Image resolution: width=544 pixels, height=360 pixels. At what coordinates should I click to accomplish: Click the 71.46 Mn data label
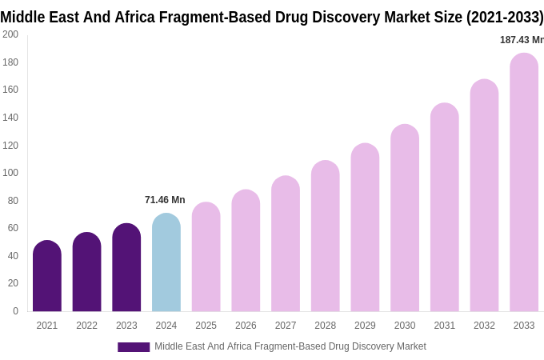click(165, 200)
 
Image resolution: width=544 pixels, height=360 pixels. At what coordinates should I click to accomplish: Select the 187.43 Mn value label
click(521, 40)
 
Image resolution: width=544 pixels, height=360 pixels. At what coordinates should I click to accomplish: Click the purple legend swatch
click(134, 347)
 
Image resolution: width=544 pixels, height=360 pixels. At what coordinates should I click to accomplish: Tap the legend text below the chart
click(290, 346)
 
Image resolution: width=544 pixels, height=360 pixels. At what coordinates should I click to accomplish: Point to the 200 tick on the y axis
click(10, 34)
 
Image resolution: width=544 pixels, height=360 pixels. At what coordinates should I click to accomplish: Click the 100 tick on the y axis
click(10, 173)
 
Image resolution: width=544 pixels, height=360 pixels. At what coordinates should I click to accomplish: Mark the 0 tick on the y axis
click(15, 311)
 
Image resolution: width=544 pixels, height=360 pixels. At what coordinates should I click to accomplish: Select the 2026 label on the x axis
click(246, 326)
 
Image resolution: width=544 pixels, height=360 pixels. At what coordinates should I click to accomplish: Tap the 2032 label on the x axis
click(484, 326)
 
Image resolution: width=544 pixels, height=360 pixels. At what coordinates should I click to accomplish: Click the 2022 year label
click(86, 326)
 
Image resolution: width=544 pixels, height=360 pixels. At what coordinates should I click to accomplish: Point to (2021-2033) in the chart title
click(505, 17)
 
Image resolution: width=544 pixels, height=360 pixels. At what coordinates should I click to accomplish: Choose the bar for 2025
click(206, 257)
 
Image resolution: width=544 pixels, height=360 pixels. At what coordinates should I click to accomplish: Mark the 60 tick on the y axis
click(13, 228)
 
